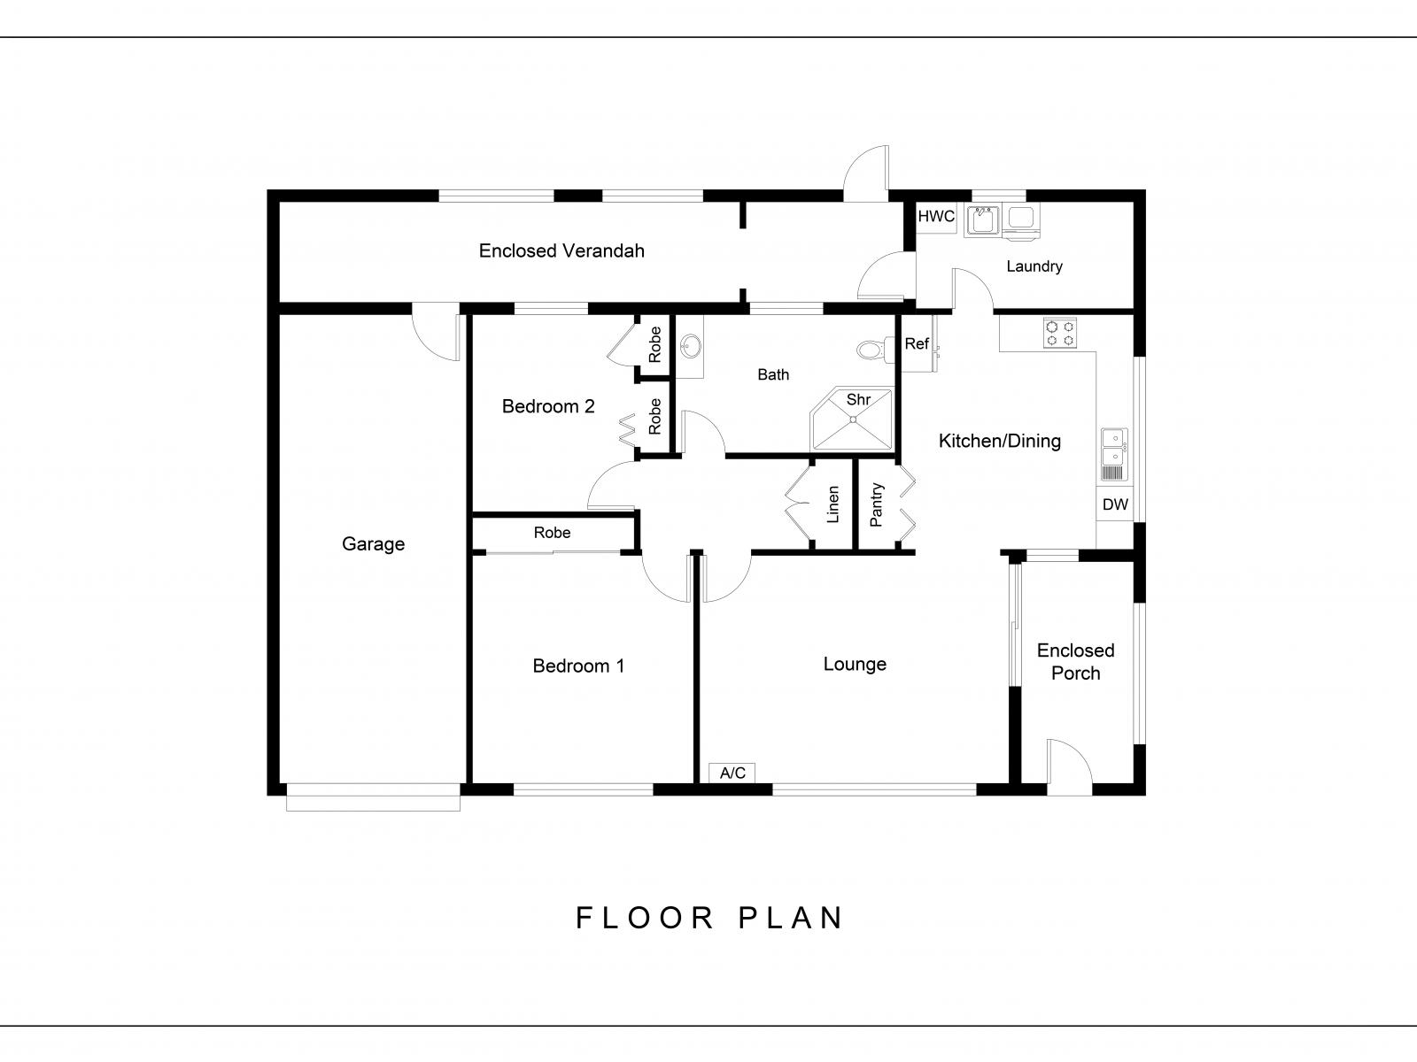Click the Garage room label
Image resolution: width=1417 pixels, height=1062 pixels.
[373, 544]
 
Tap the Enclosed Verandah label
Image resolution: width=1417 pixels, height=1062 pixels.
[561, 250]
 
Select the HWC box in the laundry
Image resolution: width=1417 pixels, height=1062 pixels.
[936, 217]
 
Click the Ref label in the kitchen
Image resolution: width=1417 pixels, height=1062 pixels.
[917, 343]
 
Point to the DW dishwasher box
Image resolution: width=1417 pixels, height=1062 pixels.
[1115, 504]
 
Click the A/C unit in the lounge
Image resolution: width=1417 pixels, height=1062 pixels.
[732, 773]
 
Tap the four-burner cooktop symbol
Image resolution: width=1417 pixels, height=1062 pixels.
[1060, 334]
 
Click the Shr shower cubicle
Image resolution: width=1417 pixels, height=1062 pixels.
[852, 419]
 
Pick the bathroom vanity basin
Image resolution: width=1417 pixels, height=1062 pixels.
[690, 346]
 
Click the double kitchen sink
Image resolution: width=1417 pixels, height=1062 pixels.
[1115, 455]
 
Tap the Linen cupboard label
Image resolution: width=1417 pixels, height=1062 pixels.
[832, 504]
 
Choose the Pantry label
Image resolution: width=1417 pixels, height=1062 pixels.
[876, 504]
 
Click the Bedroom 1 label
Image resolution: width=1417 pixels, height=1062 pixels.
[578, 666]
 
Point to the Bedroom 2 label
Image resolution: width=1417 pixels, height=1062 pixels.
[548, 406]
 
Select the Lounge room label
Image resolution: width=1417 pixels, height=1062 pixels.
[855, 664]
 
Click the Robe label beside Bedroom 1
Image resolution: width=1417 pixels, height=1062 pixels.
[552, 533]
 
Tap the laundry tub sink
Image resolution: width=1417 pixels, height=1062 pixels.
[982, 220]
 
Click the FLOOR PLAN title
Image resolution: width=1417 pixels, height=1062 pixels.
[709, 919]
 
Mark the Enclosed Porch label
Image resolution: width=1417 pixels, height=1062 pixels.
[1075, 662]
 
